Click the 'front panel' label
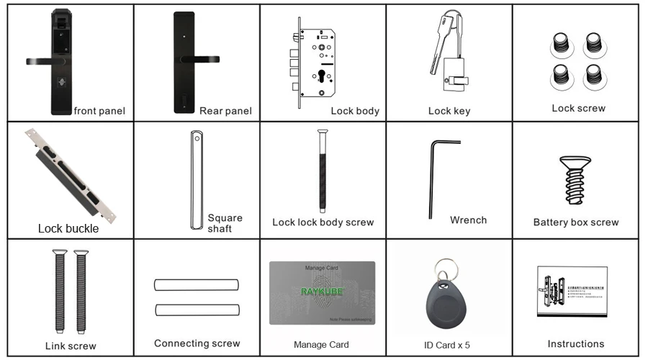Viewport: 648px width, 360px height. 99,111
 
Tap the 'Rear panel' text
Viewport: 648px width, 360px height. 225,111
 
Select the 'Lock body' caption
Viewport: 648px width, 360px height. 354,111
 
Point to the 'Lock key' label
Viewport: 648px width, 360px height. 449,111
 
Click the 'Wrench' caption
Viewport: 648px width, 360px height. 468,220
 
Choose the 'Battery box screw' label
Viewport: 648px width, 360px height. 575,222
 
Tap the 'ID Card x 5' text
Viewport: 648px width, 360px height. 449,344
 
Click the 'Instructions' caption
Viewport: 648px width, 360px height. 575,343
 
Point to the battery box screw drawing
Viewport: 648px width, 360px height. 575,180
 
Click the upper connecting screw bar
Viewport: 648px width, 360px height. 196,285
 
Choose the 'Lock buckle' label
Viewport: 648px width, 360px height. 68,229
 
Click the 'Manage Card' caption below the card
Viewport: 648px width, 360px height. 321,344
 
